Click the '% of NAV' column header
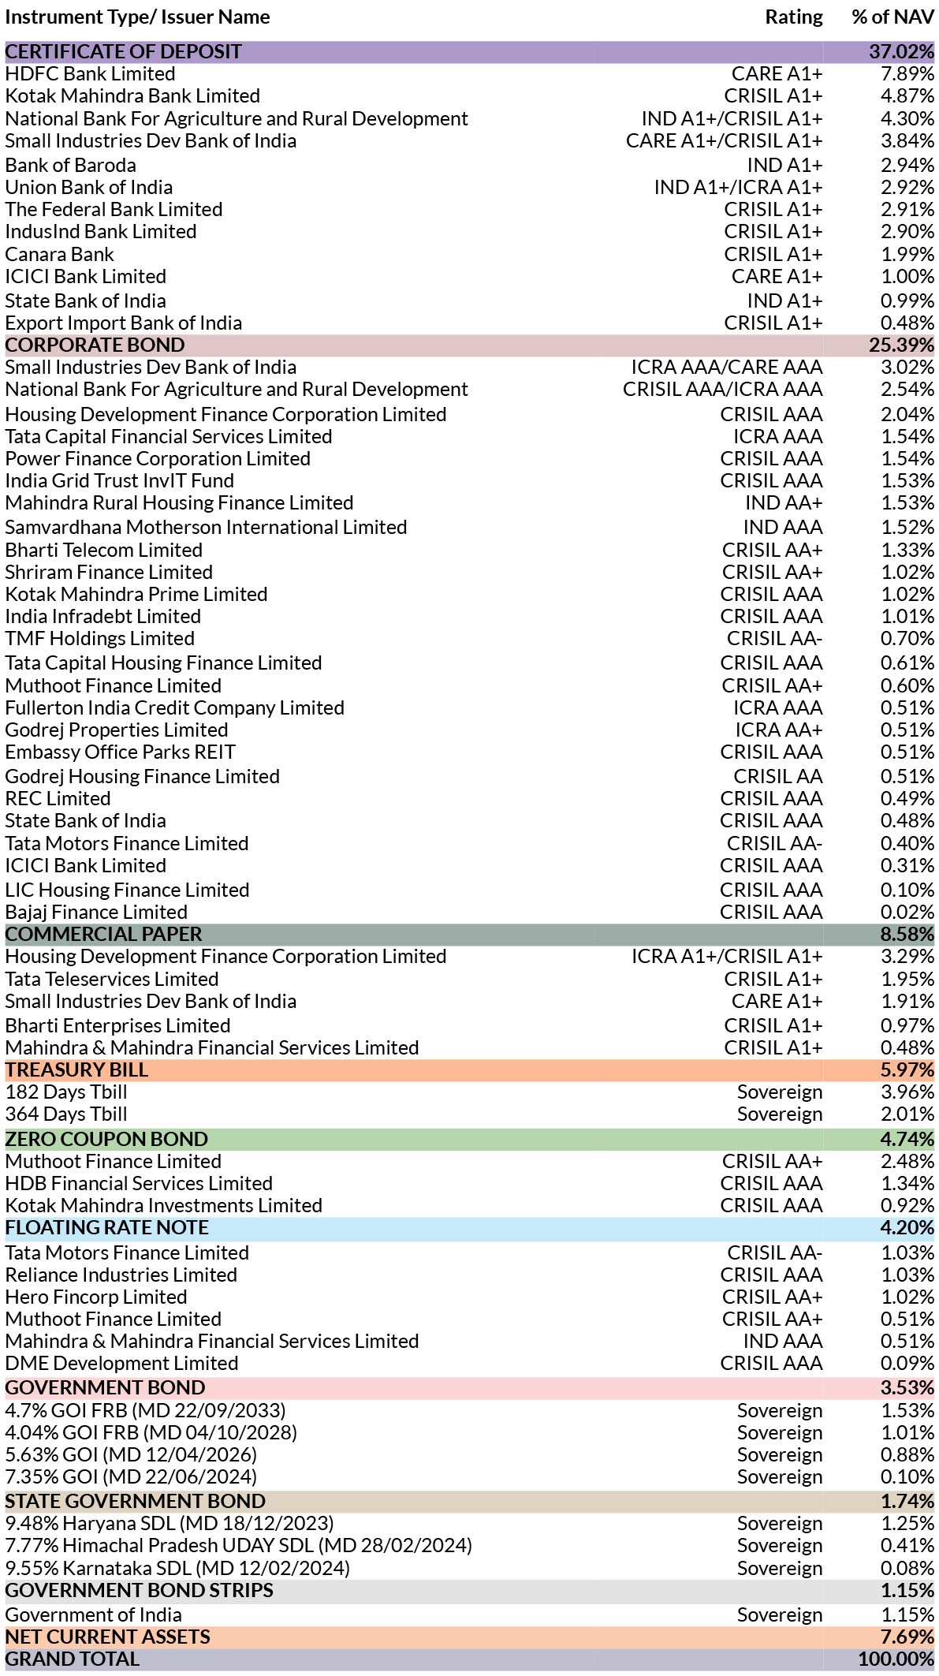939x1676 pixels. pos(892,17)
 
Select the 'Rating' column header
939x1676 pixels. pos(793,17)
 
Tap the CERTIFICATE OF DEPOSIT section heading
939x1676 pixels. pos(124,51)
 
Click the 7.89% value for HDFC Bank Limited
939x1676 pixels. pos(907,73)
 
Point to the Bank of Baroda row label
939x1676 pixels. pos(70,165)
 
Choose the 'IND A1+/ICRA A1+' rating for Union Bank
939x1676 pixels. pos(738,187)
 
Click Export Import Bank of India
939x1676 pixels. pos(124,323)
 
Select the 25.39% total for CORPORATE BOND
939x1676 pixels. pos(902,345)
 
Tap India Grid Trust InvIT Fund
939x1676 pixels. pos(120,480)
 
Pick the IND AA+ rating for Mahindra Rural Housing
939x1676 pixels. pos(784,502)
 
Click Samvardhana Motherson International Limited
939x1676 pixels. pos(206,527)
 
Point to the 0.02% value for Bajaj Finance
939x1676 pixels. pos(907,912)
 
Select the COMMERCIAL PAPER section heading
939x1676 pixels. pos(104,934)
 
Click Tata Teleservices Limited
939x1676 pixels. pos(112,979)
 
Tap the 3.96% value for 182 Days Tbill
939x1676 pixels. pos(907,1092)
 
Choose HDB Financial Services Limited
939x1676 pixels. pos(139,1183)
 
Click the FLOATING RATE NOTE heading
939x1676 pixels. pos(107,1227)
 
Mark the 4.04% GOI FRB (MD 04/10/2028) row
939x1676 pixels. pos(151,1432)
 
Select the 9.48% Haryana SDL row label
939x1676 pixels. pos(170,1523)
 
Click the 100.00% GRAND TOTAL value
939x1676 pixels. pos(896,1659)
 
